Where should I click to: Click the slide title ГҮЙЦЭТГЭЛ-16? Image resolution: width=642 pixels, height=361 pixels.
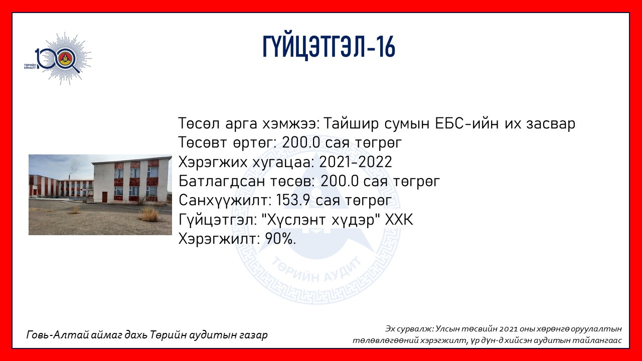coord(329,47)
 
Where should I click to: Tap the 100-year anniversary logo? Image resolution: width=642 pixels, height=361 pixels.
coord(58,59)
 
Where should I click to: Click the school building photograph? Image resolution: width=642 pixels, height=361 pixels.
coord(100,195)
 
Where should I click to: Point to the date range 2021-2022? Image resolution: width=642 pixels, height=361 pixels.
coord(356,162)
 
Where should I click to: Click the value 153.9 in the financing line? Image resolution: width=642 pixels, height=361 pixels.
coord(293,200)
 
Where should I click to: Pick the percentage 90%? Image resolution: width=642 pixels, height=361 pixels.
coord(280,239)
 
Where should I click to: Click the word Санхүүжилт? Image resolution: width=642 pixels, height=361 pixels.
coord(225,201)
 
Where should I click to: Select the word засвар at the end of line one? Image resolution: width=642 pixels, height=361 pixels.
coord(551,124)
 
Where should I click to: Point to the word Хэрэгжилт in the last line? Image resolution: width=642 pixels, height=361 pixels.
coord(219,239)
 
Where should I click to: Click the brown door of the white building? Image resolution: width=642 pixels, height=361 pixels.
coord(105,197)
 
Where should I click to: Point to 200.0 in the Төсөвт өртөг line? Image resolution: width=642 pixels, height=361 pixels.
coord(300,143)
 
